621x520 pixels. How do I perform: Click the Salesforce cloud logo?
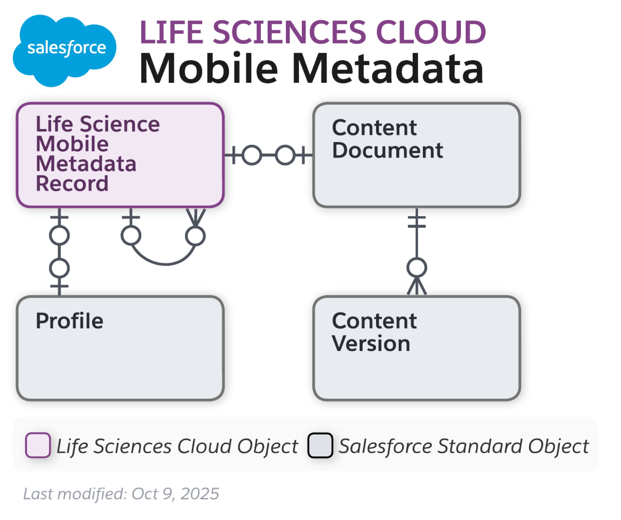coord(64,50)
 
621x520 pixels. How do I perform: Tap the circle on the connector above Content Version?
coord(417,268)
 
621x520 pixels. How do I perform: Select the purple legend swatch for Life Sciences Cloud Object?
coord(38,445)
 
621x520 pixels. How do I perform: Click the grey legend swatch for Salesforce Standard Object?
coord(320,445)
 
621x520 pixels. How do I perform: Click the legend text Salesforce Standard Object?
coord(463,446)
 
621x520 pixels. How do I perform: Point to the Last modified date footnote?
coord(121,494)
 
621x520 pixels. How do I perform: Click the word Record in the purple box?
coord(72,184)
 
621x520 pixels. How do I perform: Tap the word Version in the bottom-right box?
coord(371,343)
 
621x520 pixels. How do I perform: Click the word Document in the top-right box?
coord(388,150)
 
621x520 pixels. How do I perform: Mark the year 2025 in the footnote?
coord(200,494)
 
